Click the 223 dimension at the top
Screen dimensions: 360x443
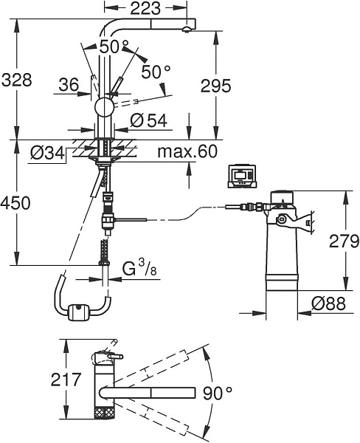pyautogui.click(x=145, y=8)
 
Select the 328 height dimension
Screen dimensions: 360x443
pyautogui.click(x=17, y=80)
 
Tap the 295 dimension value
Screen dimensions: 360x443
pyautogui.click(x=215, y=86)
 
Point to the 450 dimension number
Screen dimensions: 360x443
pyautogui.click(x=15, y=203)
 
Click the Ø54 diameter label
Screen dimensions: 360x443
pyautogui.click(x=149, y=120)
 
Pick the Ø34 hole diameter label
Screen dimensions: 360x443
pyautogui.click(x=47, y=154)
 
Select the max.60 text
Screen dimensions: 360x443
pyautogui.click(x=187, y=151)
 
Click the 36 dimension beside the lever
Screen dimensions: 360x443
pyautogui.click(x=69, y=85)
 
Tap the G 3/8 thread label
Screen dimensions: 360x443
pyautogui.click(x=139, y=268)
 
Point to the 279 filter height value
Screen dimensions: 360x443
pyautogui.click(x=345, y=241)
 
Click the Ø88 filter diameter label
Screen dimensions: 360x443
pyautogui.click(x=329, y=303)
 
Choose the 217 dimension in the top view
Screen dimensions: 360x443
pyautogui.click(x=66, y=380)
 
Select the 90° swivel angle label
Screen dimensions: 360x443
pyautogui.click(x=218, y=394)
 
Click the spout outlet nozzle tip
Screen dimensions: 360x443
pyautogui.click(x=187, y=30)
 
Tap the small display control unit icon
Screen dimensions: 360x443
pyautogui.click(x=242, y=175)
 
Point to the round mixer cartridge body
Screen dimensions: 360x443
pyautogui.click(x=104, y=107)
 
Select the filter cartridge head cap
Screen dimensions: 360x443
pyautogui.click(x=282, y=196)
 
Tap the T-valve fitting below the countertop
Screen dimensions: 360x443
pyautogui.click(x=108, y=220)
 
